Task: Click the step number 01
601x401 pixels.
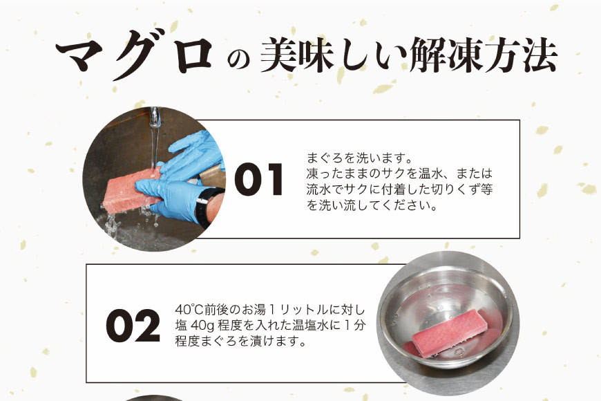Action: tap(259, 181)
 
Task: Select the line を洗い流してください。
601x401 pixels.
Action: tap(372, 205)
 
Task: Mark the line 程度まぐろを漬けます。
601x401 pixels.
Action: tap(239, 342)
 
